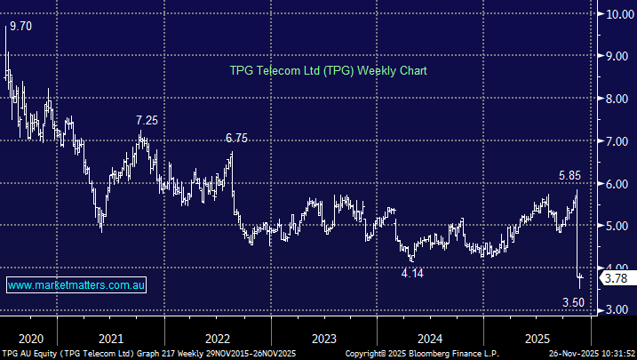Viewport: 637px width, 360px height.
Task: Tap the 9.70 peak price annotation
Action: [19, 27]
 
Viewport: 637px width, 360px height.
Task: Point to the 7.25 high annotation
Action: [147, 120]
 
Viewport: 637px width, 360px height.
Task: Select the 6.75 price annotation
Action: [237, 138]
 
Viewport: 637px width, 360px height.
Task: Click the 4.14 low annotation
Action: [412, 273]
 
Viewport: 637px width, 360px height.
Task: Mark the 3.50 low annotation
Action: [575, 303]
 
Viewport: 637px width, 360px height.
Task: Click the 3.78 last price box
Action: [617, 278]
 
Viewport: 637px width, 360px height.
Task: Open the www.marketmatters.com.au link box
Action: [76, 285]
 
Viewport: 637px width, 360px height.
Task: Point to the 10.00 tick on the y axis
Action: [617, 14]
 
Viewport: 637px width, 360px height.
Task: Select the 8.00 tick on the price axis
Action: [617, 99]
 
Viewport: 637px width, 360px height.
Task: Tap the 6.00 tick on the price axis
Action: [617, 183]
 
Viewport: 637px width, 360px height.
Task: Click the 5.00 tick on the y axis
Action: [617, 226]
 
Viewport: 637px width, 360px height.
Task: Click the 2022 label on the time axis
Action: [217, 339]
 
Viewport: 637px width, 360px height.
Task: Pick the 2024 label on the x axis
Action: [430, 339]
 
